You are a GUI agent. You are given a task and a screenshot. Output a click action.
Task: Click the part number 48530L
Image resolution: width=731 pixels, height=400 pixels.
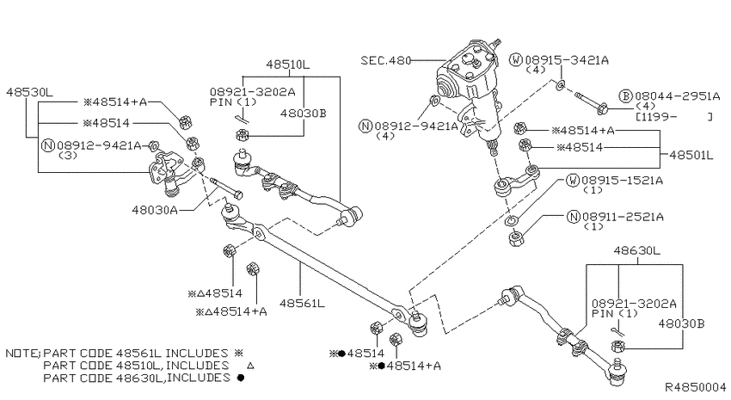pyautogui.click(x=29, y=91)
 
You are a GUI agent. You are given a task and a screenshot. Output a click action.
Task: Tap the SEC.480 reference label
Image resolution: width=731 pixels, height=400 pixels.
pyautogui.click(x=385, y=61)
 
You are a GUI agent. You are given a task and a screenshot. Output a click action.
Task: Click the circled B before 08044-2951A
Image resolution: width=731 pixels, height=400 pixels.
pyautogui.click(x=626, y=95)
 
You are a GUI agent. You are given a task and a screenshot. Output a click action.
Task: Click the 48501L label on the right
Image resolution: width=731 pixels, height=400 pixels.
pyautogui.click(x=691, y=155)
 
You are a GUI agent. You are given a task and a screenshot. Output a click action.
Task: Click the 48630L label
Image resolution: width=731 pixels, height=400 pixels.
pyautogui.click(x=636, y=250)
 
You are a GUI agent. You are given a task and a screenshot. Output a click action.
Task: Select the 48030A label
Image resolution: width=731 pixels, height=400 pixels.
pyautogui.click(x=155, y=209)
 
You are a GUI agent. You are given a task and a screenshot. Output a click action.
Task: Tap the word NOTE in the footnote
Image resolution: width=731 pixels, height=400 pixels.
pyautogui.click(x=21, y=354)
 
